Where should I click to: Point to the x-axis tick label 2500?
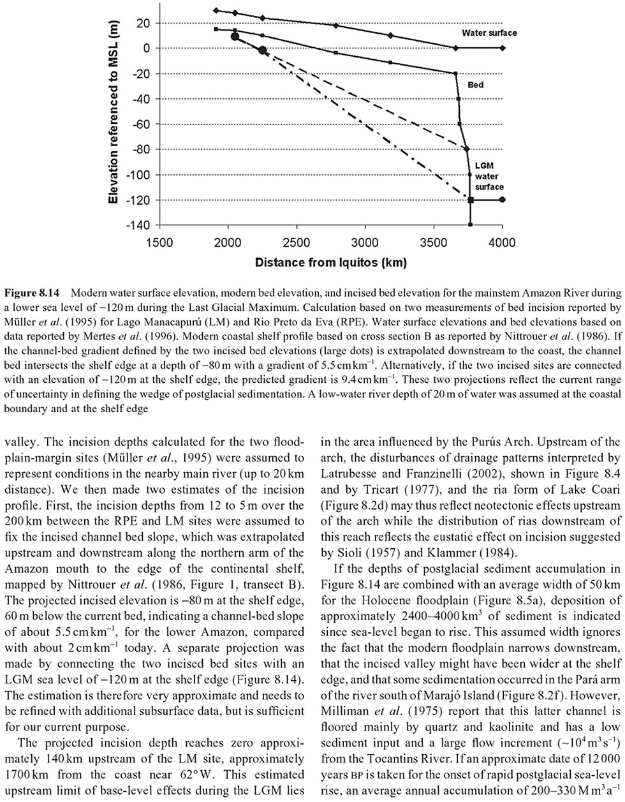(296, 243)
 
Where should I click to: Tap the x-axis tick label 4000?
(503, 243)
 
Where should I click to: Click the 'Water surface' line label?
(489, 33)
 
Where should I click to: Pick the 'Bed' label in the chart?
(476, 84)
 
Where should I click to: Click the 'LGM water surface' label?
(489, 176)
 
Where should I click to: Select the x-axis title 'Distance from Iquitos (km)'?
(330, 262)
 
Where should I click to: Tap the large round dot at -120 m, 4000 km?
(503, 200)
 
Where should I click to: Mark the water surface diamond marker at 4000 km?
(503, 48)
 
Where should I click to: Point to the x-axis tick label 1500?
(158, 243)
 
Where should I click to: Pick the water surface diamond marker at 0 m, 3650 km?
(455, 48)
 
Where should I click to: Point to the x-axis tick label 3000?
(365, 243)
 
